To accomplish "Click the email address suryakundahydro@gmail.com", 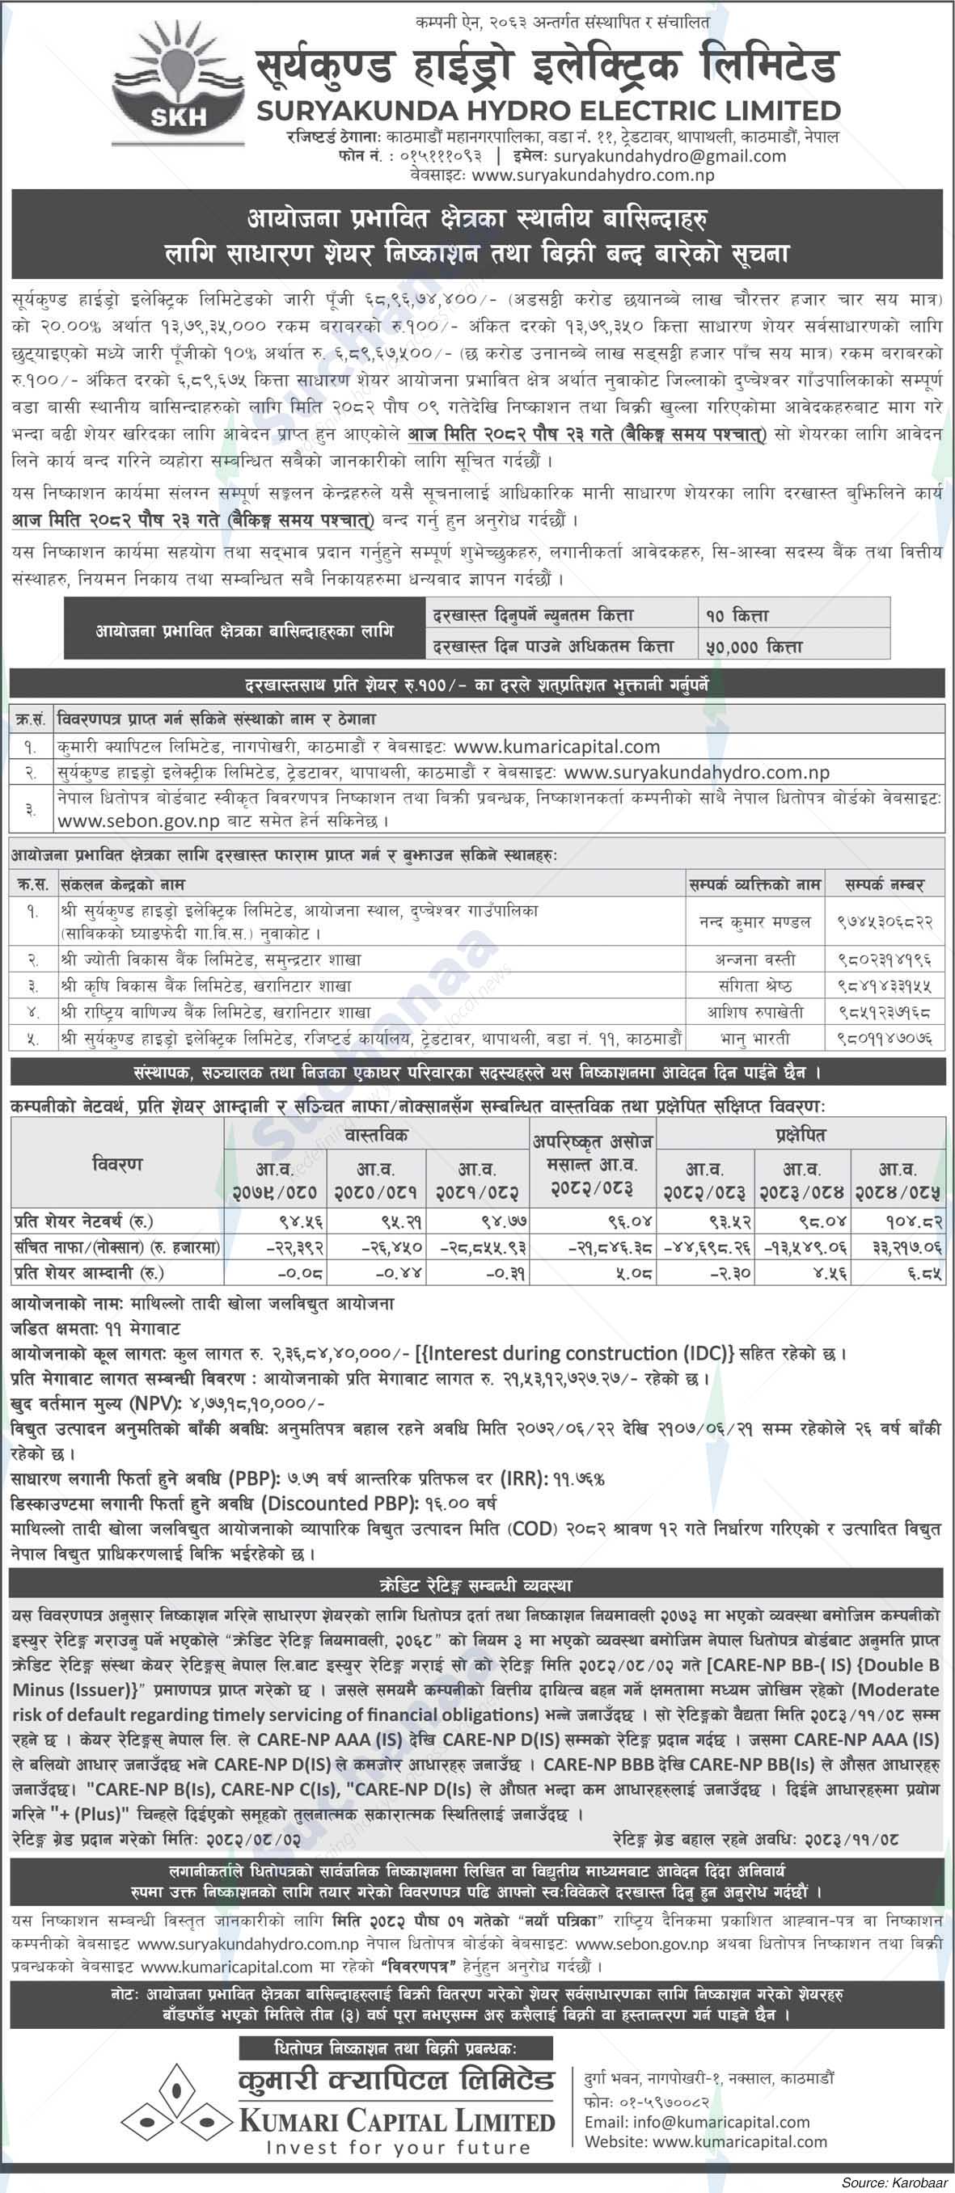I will point(670,156).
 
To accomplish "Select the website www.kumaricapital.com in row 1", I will point(556,747).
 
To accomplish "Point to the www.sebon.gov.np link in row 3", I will point(138,821).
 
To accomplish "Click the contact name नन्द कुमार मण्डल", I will point(754,921).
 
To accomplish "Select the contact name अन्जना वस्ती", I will point(754,959).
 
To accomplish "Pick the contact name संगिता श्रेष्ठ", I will point(754,986).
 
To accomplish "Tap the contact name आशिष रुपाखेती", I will point(754,1012).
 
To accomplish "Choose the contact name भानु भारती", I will point(754,1039).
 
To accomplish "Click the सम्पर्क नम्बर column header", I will point(885,884).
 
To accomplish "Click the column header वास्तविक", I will point(376,1134).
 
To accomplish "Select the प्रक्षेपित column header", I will point(800,1134).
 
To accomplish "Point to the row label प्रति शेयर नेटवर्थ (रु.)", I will point(82,1221).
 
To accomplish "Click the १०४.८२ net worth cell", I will point(913,1221).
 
